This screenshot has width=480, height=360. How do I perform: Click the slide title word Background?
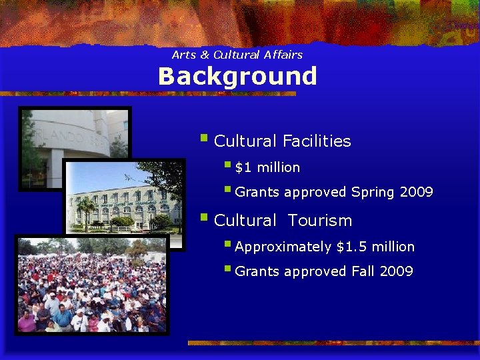click(237, 77)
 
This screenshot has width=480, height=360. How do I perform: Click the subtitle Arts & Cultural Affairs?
click(237, 55)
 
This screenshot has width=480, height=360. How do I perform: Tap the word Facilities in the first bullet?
click(317, 141)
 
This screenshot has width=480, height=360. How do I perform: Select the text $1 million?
click(267, 167)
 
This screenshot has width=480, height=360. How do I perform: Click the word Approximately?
click(283, 247)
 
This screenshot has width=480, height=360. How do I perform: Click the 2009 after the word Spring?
click(417, 193)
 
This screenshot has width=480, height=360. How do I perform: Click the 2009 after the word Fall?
click(397, 271)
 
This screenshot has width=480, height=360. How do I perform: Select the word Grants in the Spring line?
click(258, 193)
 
